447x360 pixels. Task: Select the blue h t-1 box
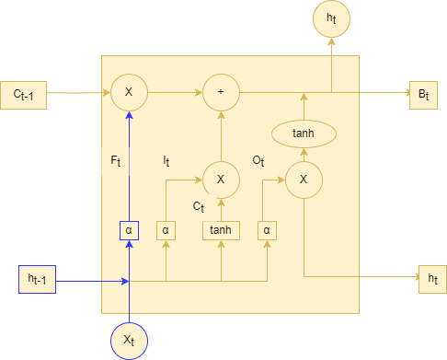coord(38,279)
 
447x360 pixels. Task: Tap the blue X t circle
coord(129,340)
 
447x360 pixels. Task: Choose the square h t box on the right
coord(432,279)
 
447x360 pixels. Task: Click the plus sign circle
coord(221,93)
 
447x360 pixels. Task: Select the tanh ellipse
coord(303,134)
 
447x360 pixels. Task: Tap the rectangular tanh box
coord(221,229)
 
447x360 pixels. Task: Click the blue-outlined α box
coord(129,229)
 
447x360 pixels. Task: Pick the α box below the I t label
coord(166,229)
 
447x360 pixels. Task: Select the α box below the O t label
coord(267,229)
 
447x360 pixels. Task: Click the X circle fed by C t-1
coord(129,93)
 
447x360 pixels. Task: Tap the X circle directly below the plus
coord(221,180)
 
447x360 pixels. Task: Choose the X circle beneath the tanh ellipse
coord(303,180)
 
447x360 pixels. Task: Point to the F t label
coord(116,161)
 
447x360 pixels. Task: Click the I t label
coord(166,161)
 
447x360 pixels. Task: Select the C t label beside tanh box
coord(199,206)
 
